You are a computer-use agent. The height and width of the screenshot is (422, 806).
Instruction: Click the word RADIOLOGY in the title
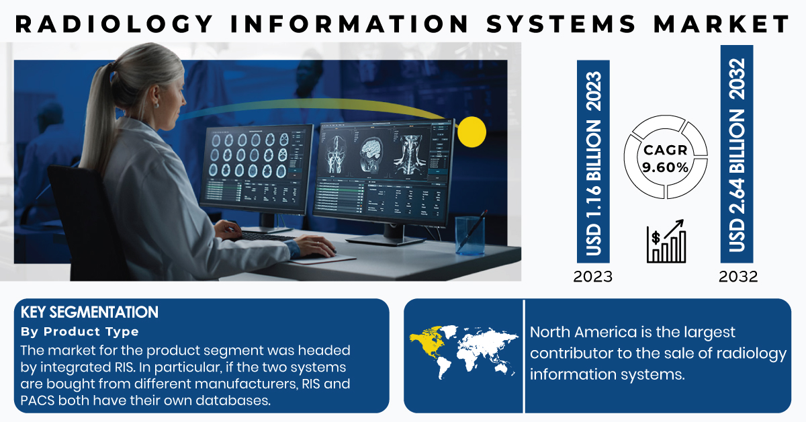coord(114,24)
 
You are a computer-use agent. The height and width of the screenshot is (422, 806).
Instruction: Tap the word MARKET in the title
coord(721,24)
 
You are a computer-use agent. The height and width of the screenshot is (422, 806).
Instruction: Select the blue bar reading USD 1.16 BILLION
coord(593,161)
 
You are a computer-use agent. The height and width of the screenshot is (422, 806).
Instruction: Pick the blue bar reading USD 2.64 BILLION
coord(737,154)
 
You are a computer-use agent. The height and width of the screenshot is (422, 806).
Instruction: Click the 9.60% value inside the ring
coord(666,167)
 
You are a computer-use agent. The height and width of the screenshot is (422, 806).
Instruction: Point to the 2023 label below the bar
coord(592,277)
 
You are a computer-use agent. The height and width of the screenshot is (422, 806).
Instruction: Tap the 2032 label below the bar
coord(738,277)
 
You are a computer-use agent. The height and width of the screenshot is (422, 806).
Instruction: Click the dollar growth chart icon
coord(666,241)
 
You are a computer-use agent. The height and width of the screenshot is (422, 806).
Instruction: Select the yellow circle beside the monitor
coord(472,132)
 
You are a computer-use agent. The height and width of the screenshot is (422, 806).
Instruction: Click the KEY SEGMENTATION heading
coord(89,312)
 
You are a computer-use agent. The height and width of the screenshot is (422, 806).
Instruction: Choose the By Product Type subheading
coord(79,332)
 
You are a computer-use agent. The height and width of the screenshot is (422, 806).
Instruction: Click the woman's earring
coord(156,105)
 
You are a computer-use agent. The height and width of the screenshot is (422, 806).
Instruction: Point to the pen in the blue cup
coord(472,230)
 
